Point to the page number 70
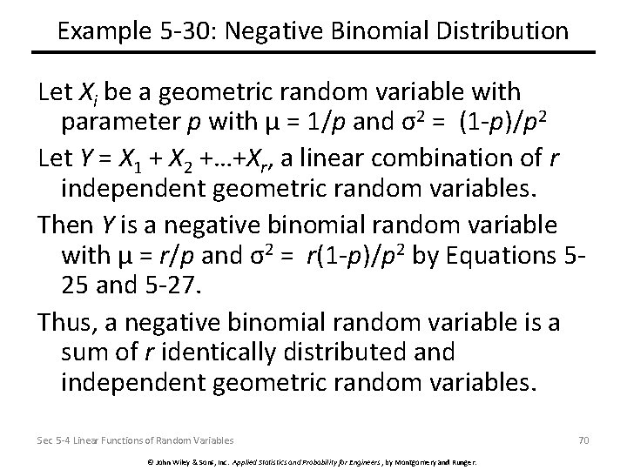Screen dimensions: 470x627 click(583, 440)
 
